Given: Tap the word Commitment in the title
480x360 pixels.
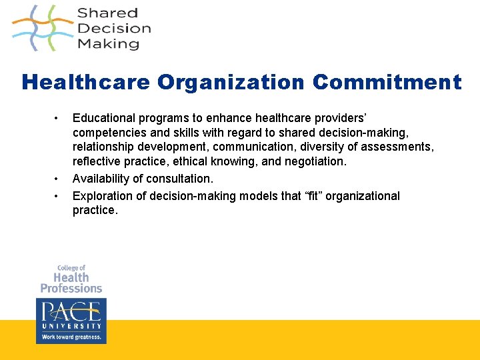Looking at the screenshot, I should (387, 83).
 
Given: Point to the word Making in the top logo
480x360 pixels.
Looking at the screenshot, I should (108, 44).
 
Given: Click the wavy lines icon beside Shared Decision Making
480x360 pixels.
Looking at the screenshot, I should (42, 28).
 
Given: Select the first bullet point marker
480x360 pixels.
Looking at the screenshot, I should (57, 118).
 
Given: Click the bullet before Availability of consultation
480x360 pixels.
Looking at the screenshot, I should (57, 179).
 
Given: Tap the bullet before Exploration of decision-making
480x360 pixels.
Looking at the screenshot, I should (57, 195).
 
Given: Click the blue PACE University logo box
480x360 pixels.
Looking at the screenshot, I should (71, 320).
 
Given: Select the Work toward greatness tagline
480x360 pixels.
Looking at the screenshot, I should (71, 337).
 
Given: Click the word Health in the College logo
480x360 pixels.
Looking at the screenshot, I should (71, 277).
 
